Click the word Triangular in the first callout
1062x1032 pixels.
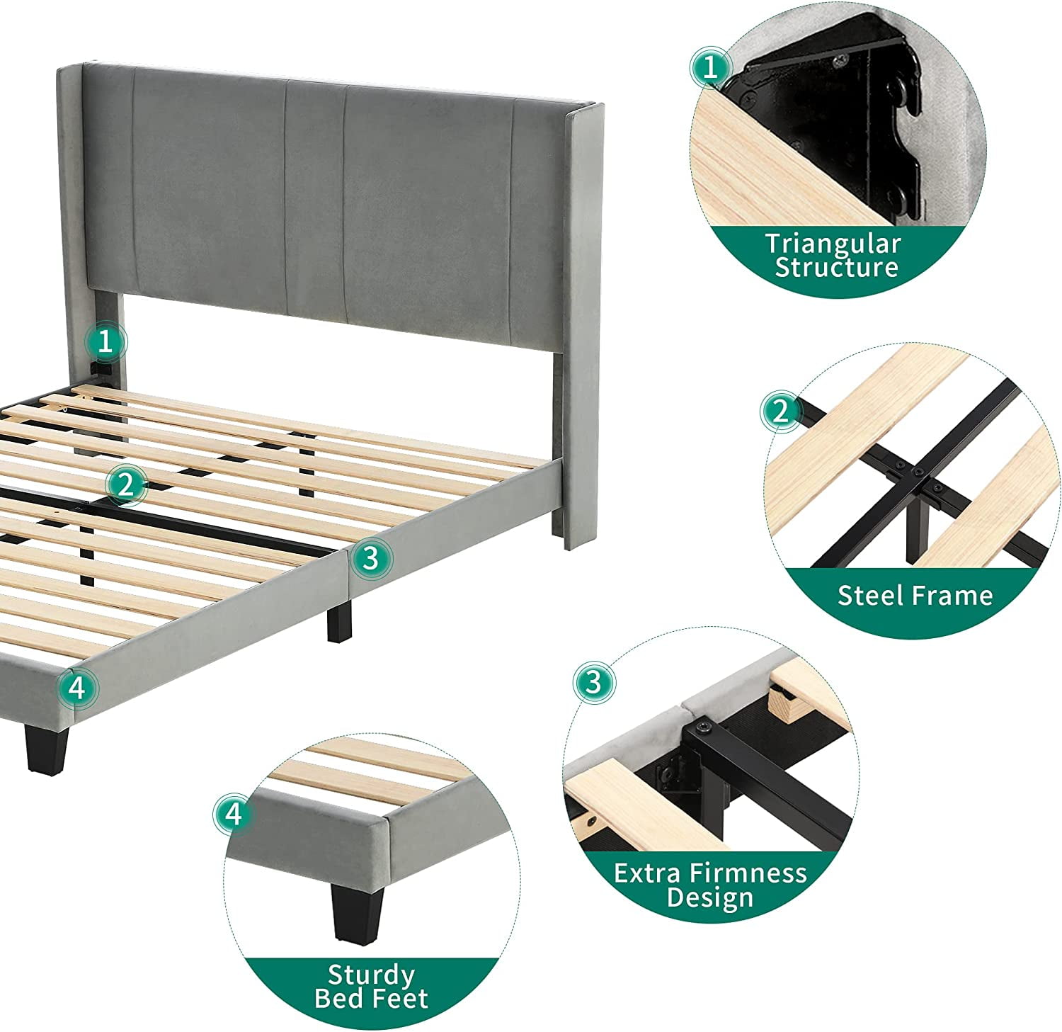click(x=833, y=244)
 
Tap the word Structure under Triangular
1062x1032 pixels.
click(x=836, y=268)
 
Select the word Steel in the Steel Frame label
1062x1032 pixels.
click(x=871, y=596)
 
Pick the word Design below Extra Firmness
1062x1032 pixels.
click(x=710, y=898)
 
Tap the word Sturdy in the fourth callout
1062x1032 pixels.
click(x=371, y=976)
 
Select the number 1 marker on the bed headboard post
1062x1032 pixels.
click(x=105, y=342)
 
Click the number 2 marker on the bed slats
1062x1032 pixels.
click(x=126, y=485)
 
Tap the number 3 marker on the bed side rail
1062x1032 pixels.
click(x=370, y=559)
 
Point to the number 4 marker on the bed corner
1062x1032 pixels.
click(x=77, y=687)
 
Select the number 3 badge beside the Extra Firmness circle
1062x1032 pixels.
click(x=593, y=682)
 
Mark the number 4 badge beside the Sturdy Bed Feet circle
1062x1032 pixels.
click(x=234, y=815)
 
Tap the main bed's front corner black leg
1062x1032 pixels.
click(x=46, y=747)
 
